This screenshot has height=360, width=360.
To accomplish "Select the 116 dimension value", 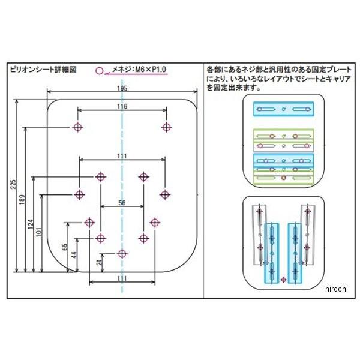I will pos(122,106).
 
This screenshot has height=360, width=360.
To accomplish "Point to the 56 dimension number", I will pos(122,203).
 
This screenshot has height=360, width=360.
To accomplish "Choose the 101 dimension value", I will pos(39,231).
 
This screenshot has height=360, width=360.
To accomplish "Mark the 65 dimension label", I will pos(65,246).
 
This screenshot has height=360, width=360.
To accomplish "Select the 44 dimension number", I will pos(73,254).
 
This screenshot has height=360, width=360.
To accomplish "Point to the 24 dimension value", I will pos(99,262).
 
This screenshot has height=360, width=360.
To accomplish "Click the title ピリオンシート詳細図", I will pos(43,69).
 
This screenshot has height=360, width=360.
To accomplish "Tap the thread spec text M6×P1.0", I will pos(148,70).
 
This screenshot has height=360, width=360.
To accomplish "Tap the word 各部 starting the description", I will pos(212,69).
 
